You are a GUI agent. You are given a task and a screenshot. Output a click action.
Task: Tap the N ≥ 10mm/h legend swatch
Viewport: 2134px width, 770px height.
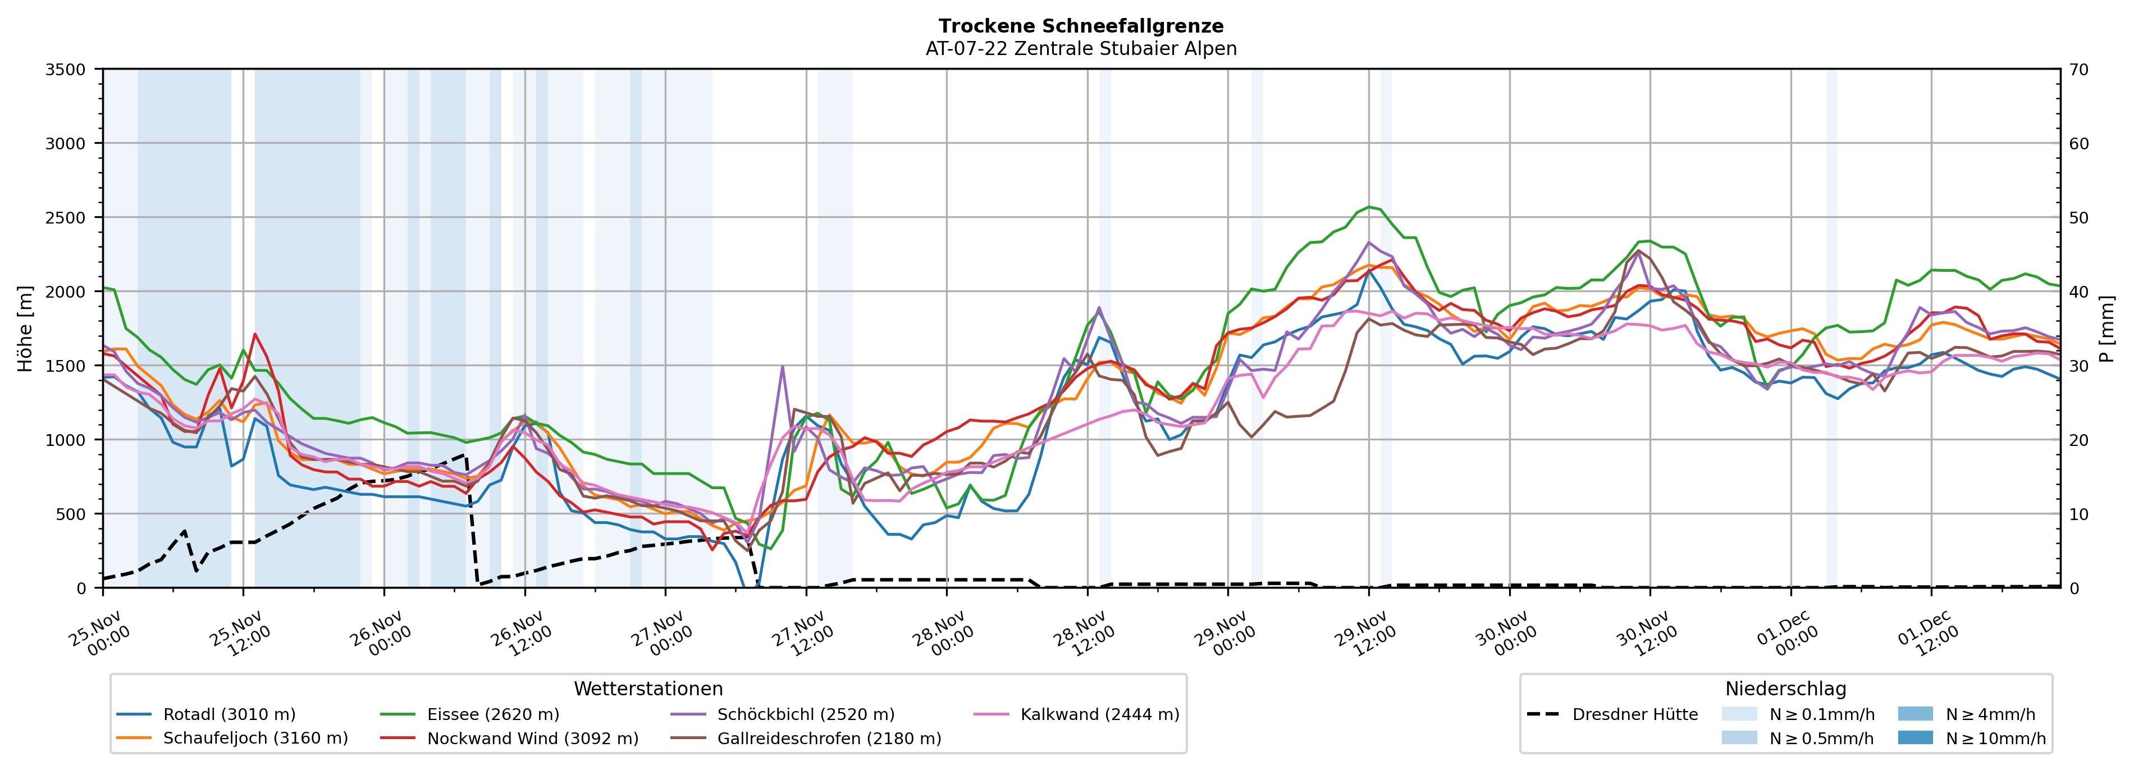pyautogui.click(x=1915, y=737)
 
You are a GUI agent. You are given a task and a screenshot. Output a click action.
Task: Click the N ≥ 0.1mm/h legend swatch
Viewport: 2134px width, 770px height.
pyautogui.click(x=1739, y=714)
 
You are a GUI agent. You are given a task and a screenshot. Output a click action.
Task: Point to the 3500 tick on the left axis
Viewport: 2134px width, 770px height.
pyautogui.click(x=66, y=70)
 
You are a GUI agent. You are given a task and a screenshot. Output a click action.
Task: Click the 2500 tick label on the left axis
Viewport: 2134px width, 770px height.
pyautogui.click(x=66, y=218)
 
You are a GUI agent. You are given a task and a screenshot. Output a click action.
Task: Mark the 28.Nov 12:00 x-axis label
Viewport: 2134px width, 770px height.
pyautogui.click(x=1084, y=634)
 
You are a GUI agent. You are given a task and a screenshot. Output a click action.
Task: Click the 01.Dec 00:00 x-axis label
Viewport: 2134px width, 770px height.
pyautogui.click(x=1787, y=634)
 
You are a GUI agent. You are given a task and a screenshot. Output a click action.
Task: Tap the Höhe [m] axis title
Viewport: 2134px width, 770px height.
pyautogui.click(x=26, y=328)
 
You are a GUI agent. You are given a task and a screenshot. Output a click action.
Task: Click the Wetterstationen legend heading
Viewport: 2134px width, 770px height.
pyautogui.click(x=648, y=689)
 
